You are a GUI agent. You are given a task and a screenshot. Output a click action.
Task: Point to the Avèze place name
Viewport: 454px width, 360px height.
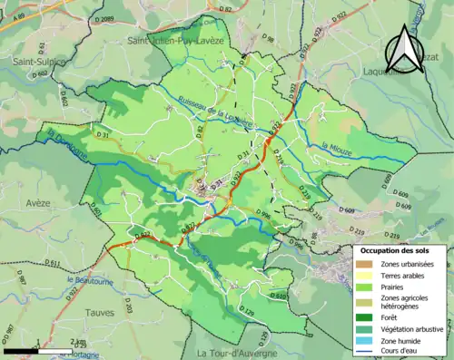pyautogui.click(x=39, y=203)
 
